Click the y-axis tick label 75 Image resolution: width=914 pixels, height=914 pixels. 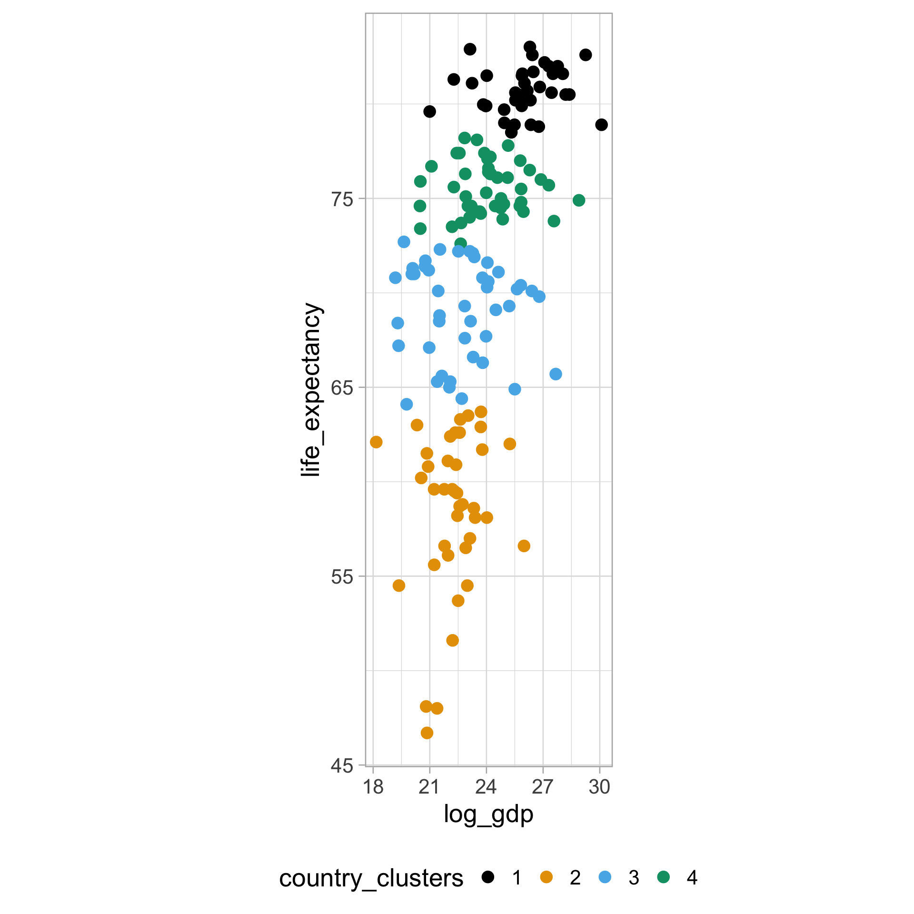click(342, 199)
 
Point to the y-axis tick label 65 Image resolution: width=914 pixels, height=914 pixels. click(342, 388)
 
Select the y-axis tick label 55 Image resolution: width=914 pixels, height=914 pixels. click(342, 577)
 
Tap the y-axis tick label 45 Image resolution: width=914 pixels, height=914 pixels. click(342, 765)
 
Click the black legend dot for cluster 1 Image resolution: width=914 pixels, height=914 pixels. click(488, 877)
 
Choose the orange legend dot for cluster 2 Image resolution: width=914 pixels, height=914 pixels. click(546, 877)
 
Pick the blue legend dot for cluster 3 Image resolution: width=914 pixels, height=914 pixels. click(605, 877)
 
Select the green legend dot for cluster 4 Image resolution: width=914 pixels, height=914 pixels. click(664, 877)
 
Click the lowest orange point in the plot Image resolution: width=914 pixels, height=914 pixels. click(427, 733)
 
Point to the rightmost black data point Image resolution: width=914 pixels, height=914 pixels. click(601, 125)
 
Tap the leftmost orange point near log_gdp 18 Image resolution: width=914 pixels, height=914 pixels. click(376, 442)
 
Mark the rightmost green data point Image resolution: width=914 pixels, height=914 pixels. click(579, 200)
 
